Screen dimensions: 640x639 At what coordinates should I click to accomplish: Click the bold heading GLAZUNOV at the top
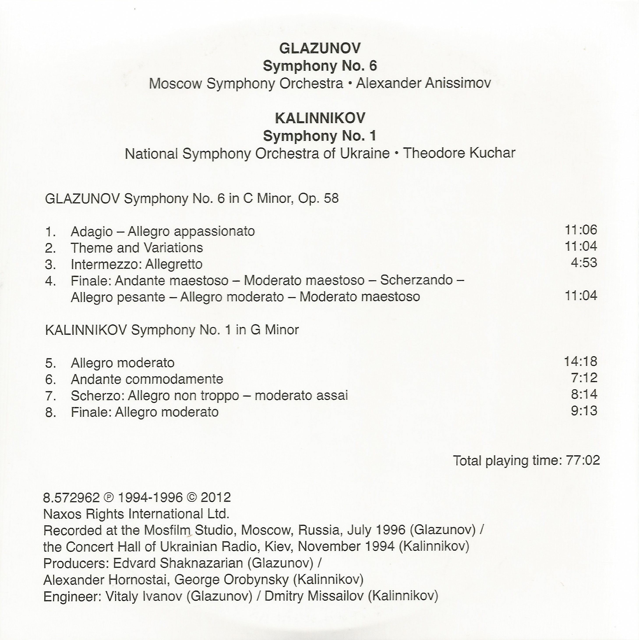pyautogui.click(x=320, y=48)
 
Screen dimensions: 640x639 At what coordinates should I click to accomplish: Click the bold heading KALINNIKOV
pyautogui.click(x=320, y=118)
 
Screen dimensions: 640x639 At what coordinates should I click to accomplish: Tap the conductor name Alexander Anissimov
pyautogui.click(x=423, y=83)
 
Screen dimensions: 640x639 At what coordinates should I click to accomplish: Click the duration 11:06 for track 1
pyautogui.click(x=581, y=230)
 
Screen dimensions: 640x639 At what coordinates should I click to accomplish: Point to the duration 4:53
pyautogui.click(x=584, y=263)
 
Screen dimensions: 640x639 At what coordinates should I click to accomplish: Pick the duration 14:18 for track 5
pyautogui.click(x=580, y=361)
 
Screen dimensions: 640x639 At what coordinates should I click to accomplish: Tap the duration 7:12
pyautogui.click(x=584, y=378)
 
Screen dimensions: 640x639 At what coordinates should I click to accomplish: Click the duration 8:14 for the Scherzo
pyautogui.click(x=584, y=394)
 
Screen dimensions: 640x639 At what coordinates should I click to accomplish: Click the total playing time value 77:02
pyautogui.click(x=583, y=460)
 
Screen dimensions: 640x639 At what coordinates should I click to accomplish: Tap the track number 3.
pyautogui.click(x=50, y=265)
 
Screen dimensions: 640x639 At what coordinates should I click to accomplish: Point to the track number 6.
pyautogui.click(x=50, y=380)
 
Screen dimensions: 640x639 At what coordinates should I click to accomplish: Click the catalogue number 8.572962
pyautogui.click(x=71, y=498)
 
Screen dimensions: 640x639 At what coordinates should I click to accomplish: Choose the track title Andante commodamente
pyautogui.click(x=147, y=379)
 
